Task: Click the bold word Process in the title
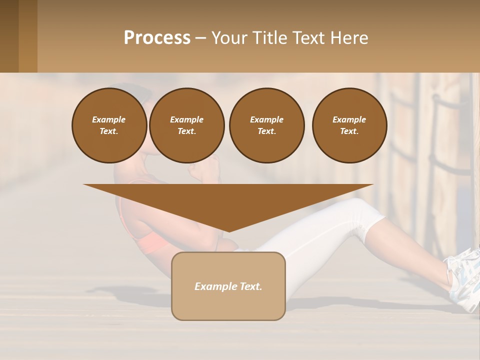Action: point(157,38)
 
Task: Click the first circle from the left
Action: point(109,125)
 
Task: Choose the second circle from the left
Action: point(186,125)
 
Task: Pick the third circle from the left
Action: point(266,125)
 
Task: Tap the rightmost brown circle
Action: point(349,125)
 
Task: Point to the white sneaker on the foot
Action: point(462,280)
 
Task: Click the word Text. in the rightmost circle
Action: point(349,131)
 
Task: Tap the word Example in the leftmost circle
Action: point(109,119)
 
